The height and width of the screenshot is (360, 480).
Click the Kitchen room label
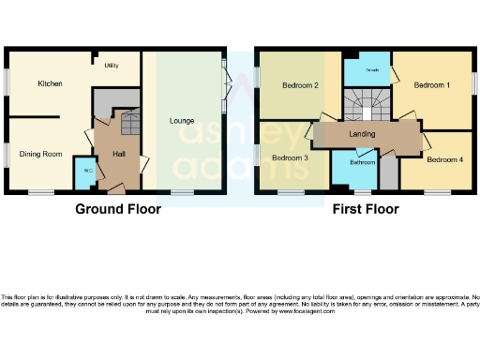(50, 84)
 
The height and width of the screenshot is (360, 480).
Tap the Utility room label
(112, 67)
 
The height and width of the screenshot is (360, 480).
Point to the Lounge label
(182, 121)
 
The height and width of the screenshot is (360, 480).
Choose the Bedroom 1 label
(432, 86)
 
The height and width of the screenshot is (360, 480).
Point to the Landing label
(362, 135)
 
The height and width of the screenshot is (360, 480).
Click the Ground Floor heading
(117, 209)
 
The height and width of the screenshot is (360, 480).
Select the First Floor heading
(366, 209)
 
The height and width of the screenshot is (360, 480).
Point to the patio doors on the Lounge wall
(225, 82)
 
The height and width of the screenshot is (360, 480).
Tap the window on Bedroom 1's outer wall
(474, 82)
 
